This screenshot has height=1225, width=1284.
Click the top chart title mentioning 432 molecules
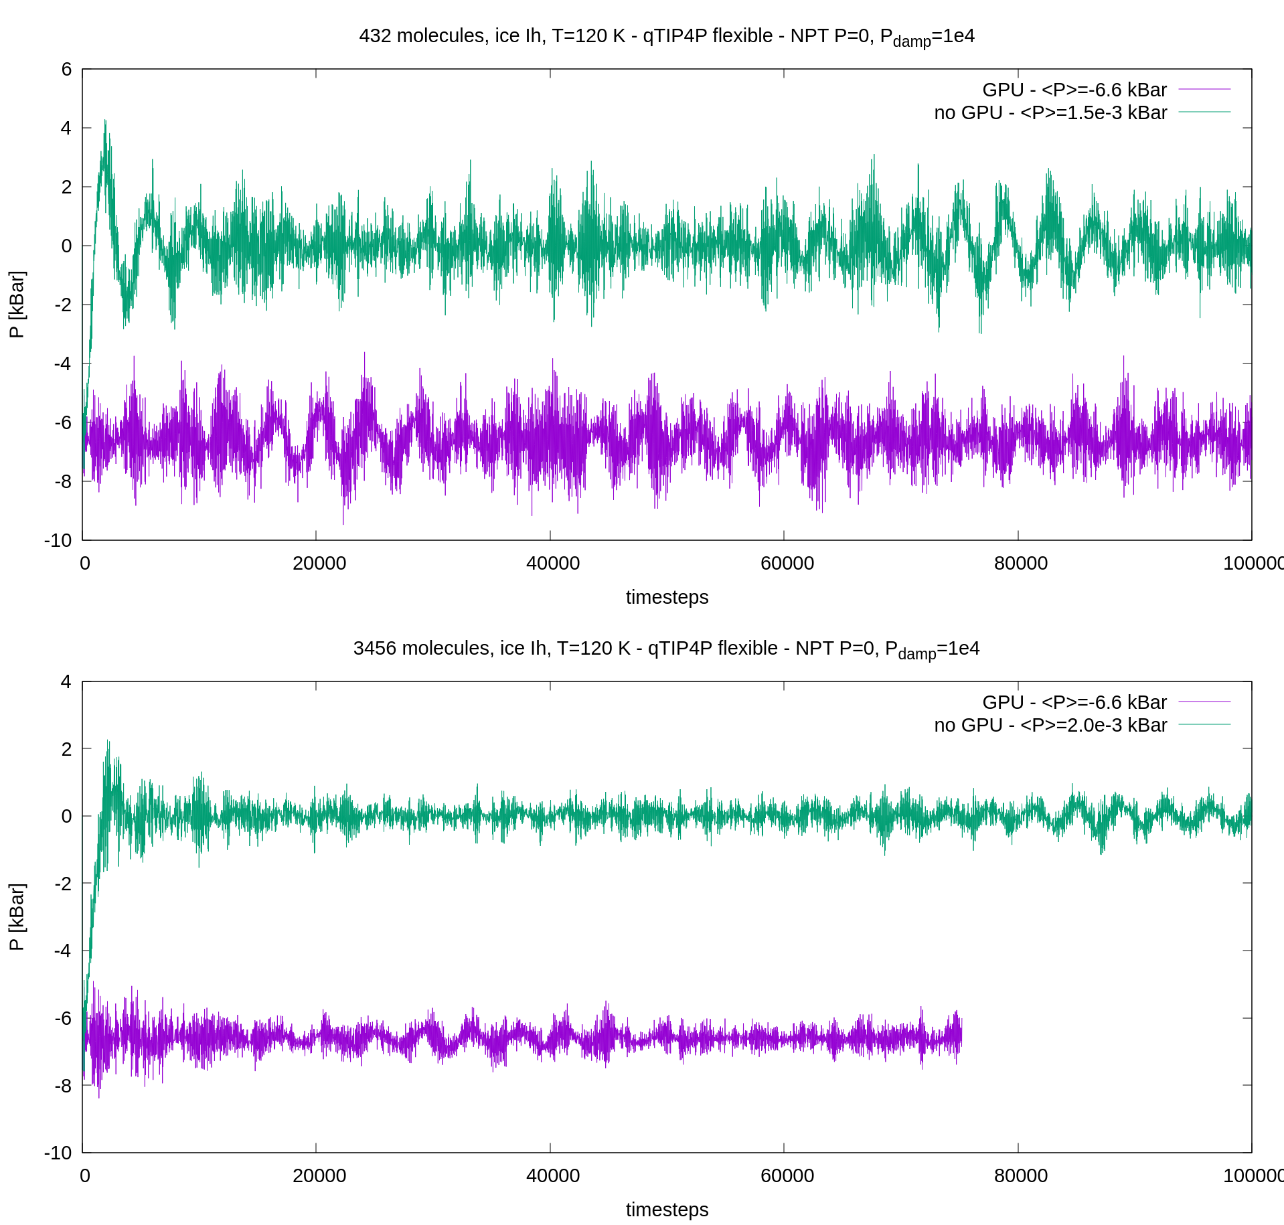click(x=667, y=36)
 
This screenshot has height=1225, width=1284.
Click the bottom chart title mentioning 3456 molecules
click(x=667, y=649)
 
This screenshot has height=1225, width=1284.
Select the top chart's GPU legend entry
click(x=1074, y=90)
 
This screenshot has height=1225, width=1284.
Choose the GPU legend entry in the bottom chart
click(x=1074, y=702)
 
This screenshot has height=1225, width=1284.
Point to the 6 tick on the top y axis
click(x=66, y=69)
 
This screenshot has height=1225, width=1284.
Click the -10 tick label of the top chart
click(x=58, y=540)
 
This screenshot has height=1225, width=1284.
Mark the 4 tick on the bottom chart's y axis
click(x=66, y=681)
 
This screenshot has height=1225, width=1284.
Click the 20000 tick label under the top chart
click(x=319, y=563)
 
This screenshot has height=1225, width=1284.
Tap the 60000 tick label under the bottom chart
click(x=787, y=1175)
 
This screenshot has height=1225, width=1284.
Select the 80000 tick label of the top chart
click(x=1020, y=563)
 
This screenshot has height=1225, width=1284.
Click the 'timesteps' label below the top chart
click(x=667, y=597)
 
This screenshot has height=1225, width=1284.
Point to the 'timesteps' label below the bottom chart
click(x=667, y=1210)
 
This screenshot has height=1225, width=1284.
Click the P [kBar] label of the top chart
click(x=17, y=305)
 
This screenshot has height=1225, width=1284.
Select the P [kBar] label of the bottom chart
click(x=17, y=917)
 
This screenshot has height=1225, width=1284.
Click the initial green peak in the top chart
click(x=105, y=122)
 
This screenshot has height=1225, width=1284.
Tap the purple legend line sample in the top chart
click(x=1204, y=89)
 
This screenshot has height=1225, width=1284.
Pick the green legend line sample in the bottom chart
click(x=1204, y=724)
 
